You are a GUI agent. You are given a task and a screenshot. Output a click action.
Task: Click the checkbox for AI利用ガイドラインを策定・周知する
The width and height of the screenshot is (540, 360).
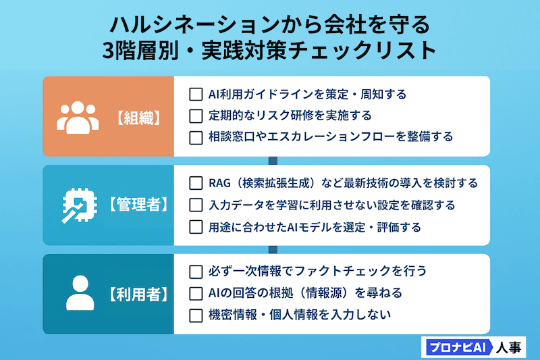pyautogui.click(x=196, y=94)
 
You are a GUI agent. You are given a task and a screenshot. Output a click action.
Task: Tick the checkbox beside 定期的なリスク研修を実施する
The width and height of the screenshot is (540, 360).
pyautogui.click(x=196, y=115)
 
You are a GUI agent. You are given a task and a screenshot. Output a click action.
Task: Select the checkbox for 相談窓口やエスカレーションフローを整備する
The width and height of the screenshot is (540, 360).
pyautogui.click(x=196, y=137)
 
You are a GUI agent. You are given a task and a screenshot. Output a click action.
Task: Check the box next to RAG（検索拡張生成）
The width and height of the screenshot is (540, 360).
pyautogui.click(x=196, y=183)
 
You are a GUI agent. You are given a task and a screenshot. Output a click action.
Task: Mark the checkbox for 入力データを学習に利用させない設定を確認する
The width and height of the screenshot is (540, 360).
pyautogui.click(x=196, y=205)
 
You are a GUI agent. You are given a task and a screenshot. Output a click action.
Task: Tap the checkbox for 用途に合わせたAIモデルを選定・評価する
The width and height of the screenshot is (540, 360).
pyautogui.click(x=196, y=227)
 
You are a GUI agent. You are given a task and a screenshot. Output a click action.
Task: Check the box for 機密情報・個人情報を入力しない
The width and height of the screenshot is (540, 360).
pyautogui.click(x=196, y=315)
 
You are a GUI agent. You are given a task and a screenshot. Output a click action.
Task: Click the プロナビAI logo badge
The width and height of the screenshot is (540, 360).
pyautogui.click(x=456, y=347)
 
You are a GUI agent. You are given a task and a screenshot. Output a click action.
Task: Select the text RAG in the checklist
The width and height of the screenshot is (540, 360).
pyautogui.click(x=221, y=183)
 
